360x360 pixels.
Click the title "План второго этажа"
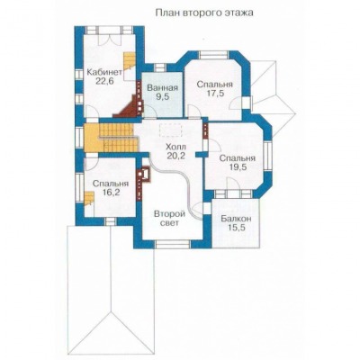coord(204,13)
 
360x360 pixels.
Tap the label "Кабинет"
coord(104,72)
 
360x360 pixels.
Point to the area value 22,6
coord(104,81)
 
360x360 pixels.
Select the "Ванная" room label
coord(163,88)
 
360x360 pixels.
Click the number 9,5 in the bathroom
coord(163,96)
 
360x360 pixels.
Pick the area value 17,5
coord(215,94)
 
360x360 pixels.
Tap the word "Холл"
coord(175,148)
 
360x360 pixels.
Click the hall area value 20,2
coord(176,156)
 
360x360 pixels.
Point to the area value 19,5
coord(238,167)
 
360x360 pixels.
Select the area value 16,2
coord(111,192)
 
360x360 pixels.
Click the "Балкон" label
coord(236,219)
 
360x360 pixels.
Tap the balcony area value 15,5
coord(236,228)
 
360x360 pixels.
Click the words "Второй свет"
coord(168,219)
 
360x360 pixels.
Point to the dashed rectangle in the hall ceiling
coord(170,130)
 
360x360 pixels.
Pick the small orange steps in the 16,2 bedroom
coord(89,199)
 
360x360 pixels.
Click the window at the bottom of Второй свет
coord(174,244)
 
